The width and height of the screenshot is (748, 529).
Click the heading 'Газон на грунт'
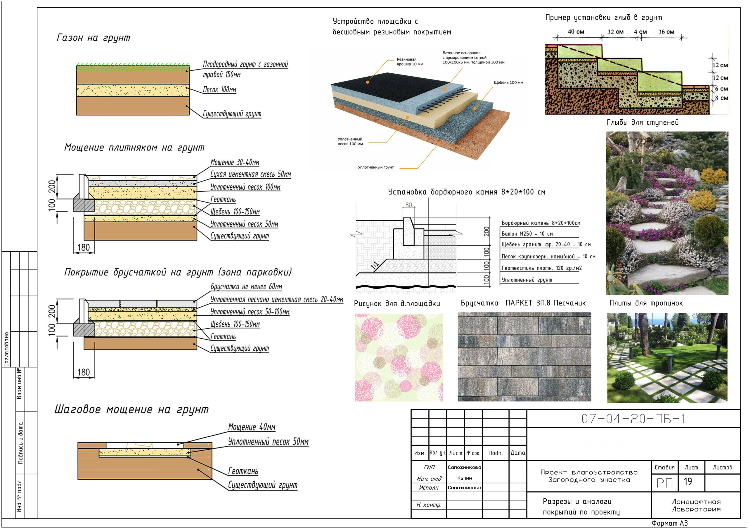click(x=93, y=38)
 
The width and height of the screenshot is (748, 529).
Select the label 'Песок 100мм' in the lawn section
click(x=219, y=90)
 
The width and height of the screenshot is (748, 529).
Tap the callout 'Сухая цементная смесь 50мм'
click(x=250, y=174)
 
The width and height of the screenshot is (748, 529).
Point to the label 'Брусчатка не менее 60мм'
click(x=246, y=286)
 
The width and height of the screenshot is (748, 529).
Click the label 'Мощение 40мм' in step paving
click(x=252, y=427)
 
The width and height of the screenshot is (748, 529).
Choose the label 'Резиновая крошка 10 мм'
click(x=410, y=62)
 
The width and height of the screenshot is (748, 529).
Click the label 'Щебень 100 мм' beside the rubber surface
click(x=508, y=82)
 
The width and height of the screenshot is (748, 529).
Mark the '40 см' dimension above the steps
click(x=576, y=32)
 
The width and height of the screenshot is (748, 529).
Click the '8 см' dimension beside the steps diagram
click(x=721, y=98)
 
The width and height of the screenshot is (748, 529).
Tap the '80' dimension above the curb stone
click(x=408, y=205)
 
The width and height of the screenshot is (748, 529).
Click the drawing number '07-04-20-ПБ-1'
click(x=633, y=419)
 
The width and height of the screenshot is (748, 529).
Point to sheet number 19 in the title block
click(x=688, y=482)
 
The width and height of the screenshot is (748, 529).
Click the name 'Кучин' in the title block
click(x=465, y=478)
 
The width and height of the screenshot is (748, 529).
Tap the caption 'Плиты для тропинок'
click(x=646, y=303)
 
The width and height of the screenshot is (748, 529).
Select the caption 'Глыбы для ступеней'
click(x=643, y=122)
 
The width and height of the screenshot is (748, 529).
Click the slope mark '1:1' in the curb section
click(x=375, y=265)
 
